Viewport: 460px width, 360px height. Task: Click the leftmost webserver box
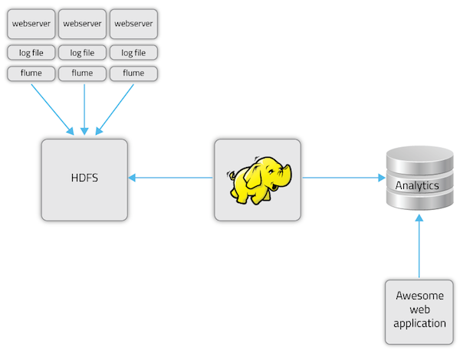coord(31,24)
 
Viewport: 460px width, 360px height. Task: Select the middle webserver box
coord(83,24)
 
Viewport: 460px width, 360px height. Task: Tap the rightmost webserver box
coord(133,24)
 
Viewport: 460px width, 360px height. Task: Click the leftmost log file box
coord(31,53)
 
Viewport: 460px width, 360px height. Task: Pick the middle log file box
coord(83,53)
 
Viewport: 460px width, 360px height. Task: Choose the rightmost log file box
coord(133,53)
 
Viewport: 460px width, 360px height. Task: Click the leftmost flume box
coord(31,74)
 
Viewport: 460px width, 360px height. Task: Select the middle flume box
coord(83,74)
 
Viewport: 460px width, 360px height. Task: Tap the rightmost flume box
coord(133,74)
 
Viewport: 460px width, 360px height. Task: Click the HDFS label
coord(84,179)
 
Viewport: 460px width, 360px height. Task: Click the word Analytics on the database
coord(417,185)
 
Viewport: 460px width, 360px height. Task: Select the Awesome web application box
coord(419,310)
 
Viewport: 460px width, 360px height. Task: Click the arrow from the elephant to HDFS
coord(170,178)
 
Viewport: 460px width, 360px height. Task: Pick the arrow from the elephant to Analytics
coord(343,178)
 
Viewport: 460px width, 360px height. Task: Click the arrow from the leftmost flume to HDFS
coord(52,107)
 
